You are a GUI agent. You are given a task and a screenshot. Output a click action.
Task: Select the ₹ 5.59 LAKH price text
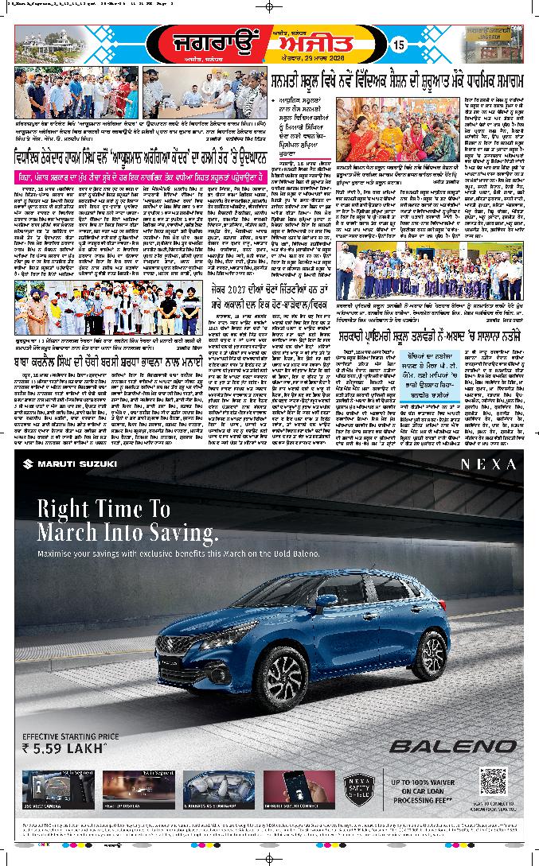tap(65, 748)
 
